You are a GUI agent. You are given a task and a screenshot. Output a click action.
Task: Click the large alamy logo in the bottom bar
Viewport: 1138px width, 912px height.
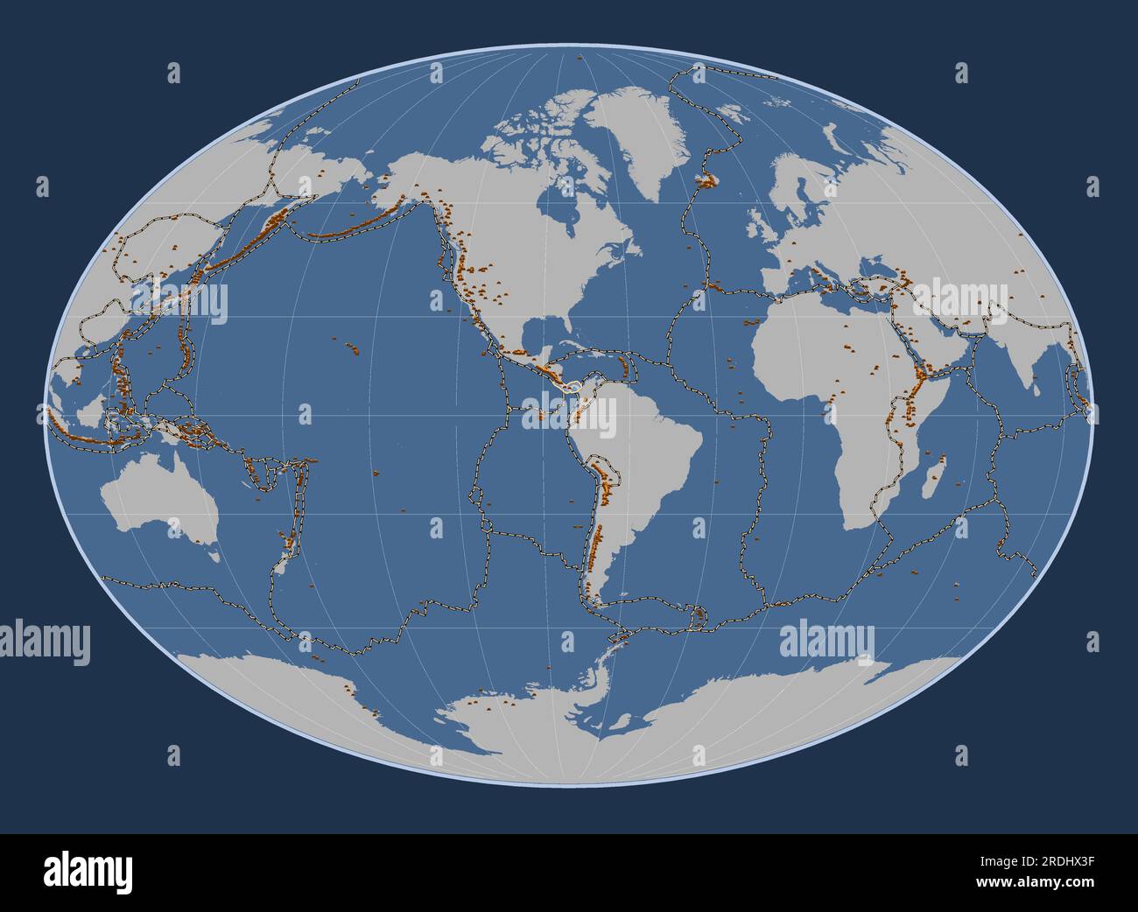88,872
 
